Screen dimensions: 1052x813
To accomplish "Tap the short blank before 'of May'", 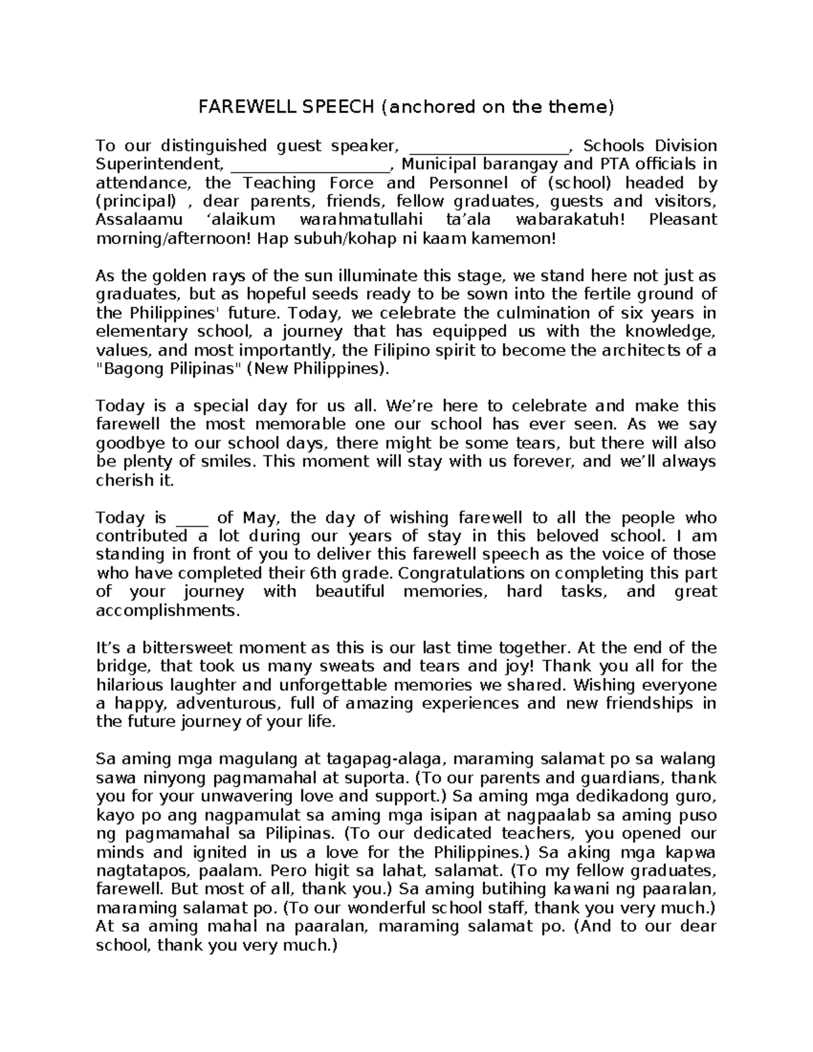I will pos(192,520).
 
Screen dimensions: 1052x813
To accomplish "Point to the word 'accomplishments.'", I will pos(167,610).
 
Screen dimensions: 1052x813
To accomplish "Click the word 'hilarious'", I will pos(129,685).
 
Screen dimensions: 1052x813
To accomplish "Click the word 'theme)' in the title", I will pos(588,107).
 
